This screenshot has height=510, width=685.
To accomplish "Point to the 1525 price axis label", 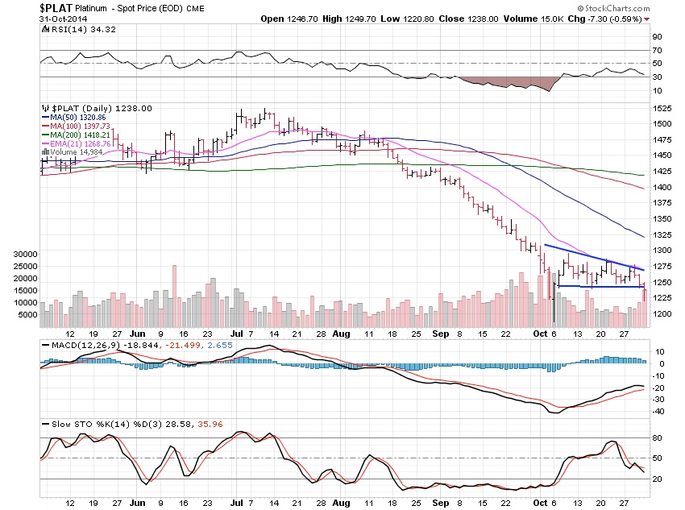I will click(662, 108).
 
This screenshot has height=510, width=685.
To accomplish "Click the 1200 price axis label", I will click(662, 314).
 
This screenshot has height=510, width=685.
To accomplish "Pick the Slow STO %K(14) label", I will click(84, 422).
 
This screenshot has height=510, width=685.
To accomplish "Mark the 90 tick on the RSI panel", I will click(658, 37).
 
